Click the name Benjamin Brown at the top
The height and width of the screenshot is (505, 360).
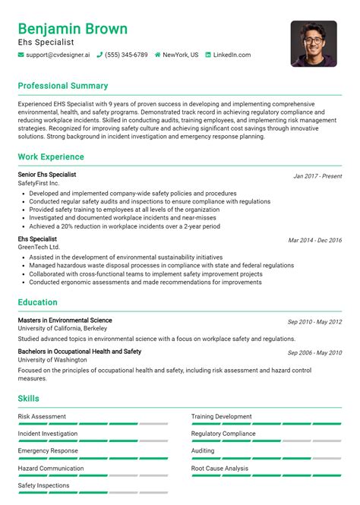[73, 30]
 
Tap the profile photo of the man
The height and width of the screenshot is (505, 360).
[313, 43]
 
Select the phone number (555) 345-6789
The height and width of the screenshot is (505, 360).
[126, 55]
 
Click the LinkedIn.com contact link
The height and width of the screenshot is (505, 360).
[231, 55]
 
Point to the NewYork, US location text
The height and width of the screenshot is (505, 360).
[181, 55]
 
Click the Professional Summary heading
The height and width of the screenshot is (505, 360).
[63, 86]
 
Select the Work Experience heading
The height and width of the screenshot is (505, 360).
[51, 157]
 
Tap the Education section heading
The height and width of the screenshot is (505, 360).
[38, 302]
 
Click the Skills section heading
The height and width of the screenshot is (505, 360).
[29, 399]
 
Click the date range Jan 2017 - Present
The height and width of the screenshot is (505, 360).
[317, 176]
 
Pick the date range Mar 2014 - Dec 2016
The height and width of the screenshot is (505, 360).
[314, 240]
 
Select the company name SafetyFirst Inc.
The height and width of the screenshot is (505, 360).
[39, 184]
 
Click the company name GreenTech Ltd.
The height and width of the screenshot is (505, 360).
[39, 248]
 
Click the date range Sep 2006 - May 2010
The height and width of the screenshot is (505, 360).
[314, 353]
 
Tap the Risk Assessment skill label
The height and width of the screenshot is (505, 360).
[42, 417]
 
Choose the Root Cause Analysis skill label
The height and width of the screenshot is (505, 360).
[219, 469]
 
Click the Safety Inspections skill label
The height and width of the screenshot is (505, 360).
[43, 485]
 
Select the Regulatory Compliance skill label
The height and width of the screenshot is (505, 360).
[223, 434]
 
